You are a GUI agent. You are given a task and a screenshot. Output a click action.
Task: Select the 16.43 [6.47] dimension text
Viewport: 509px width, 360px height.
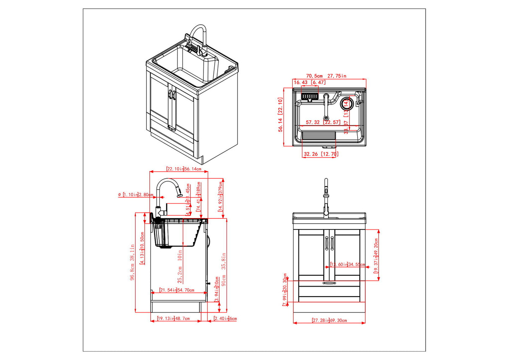click(309, 83)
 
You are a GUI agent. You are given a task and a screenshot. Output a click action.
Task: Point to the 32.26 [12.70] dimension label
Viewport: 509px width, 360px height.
click(320, 154)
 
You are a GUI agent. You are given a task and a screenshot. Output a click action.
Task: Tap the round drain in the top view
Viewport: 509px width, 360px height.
click(346, 102)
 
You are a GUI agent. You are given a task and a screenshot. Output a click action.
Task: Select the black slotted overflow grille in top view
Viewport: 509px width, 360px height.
click(311, 97)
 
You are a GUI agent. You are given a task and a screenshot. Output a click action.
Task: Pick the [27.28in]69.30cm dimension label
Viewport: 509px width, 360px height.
click(329, 320)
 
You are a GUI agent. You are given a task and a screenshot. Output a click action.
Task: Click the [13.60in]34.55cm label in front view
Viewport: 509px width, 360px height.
click(348, 264)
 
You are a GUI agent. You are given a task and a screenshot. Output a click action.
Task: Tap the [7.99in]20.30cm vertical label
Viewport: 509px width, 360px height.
click(285, 290)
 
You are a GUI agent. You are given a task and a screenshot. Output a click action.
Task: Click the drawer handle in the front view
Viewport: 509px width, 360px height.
click(330, 283)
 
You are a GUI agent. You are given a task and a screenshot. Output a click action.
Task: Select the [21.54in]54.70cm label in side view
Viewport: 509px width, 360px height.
click(177, 290)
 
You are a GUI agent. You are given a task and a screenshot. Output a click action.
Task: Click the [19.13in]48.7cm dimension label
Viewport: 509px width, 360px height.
click(173, 318)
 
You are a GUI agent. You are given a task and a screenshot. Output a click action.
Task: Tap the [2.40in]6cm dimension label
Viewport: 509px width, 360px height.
click(225, 318)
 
